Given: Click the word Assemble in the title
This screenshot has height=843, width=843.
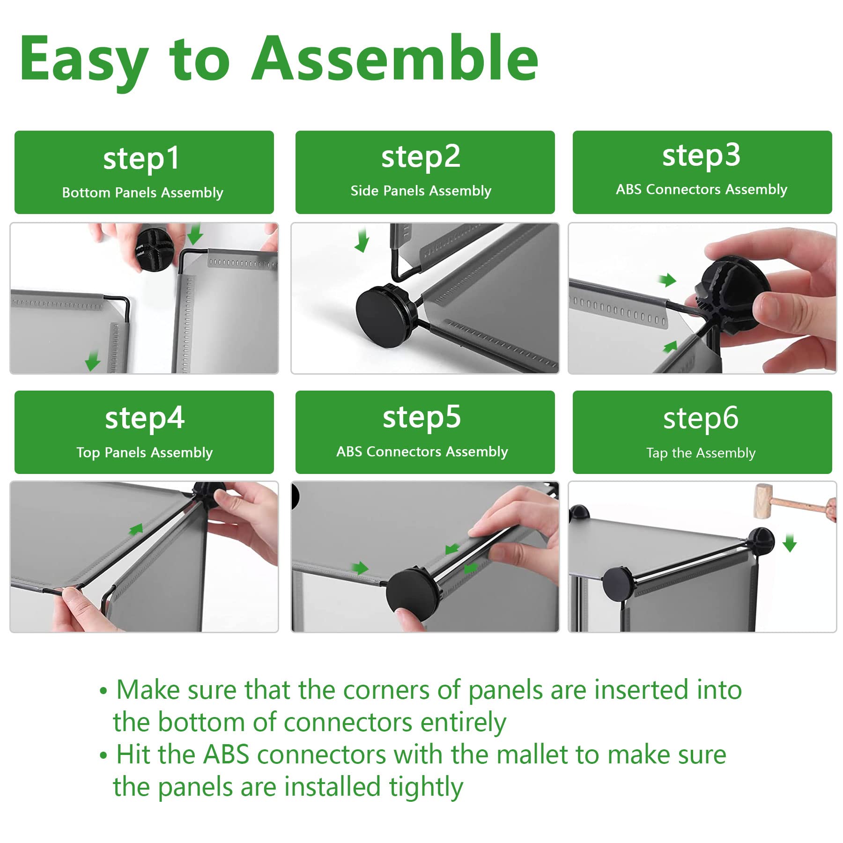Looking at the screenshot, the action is pyautogui.click(x=395, y=58).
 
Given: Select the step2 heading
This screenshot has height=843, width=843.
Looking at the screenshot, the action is pyautogui.click(x=421, y=157).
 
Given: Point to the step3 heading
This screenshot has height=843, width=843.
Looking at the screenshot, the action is pyautogui.click(x=701, y=156).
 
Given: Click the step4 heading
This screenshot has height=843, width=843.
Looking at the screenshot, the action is pyautogui.click(x=144, y=418).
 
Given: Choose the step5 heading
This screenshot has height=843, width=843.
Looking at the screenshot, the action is pyautogui.click(x=421, y=417).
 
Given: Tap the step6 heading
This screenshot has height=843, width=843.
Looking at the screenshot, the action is pyautogui.click(x=701, y=418).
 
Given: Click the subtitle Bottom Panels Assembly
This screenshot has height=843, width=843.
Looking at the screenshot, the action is pyautogui.click(x=142, y=192).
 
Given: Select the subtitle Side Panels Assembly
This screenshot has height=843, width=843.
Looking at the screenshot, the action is pyautogui.click(x=421, y=191).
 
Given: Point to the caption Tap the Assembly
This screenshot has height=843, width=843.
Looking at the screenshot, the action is pyautogui.click(x=701, y=453).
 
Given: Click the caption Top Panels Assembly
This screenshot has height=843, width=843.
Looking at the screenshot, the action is pyautogui.click(x=144, y=452).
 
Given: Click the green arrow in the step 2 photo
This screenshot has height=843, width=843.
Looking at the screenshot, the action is pyautogui.click(x=362, y=240).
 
